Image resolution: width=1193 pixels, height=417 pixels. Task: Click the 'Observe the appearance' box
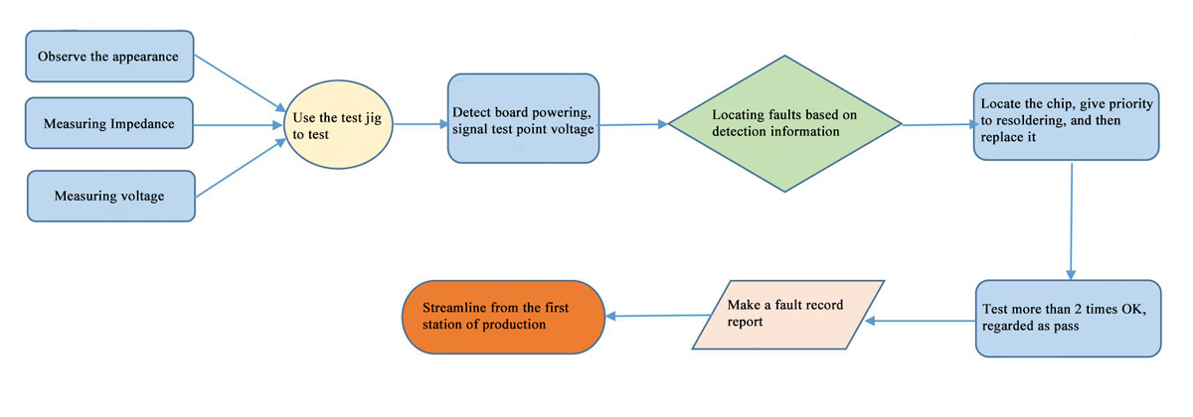pyautogui.click(x=108, y=57)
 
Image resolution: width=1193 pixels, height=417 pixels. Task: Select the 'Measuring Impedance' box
pyautogui.click(x=108, y=124)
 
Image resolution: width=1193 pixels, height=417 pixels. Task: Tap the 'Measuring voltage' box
pyautogui.click(x=109, y=196)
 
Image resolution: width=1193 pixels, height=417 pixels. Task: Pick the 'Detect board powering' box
pyautogui.click(x=523, y=118)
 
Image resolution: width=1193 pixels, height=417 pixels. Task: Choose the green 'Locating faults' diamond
pyautogui.click(x=784, y=123)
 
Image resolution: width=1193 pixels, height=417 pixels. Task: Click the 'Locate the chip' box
pyautogui.click(x=1065, y=121)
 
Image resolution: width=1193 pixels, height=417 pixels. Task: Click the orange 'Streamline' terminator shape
pyautogui.click(x=504, y=317)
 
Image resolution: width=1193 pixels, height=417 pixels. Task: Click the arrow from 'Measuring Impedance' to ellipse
pyautogui.click(x=237, y=125)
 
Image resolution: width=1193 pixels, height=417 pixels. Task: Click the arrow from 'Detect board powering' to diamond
pyautogui.click(x=633, y=125)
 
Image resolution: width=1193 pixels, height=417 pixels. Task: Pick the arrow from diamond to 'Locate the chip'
pyautogui.click(x=937, y=125)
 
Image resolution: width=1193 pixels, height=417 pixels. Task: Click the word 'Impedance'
pyautogui.click(x=139, y=124)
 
